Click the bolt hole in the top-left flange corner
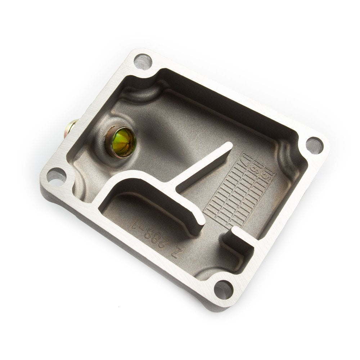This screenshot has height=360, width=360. point(143,62)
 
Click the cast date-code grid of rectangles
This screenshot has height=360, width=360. point(238,191)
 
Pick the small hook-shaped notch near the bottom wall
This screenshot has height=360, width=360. point(236,238)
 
